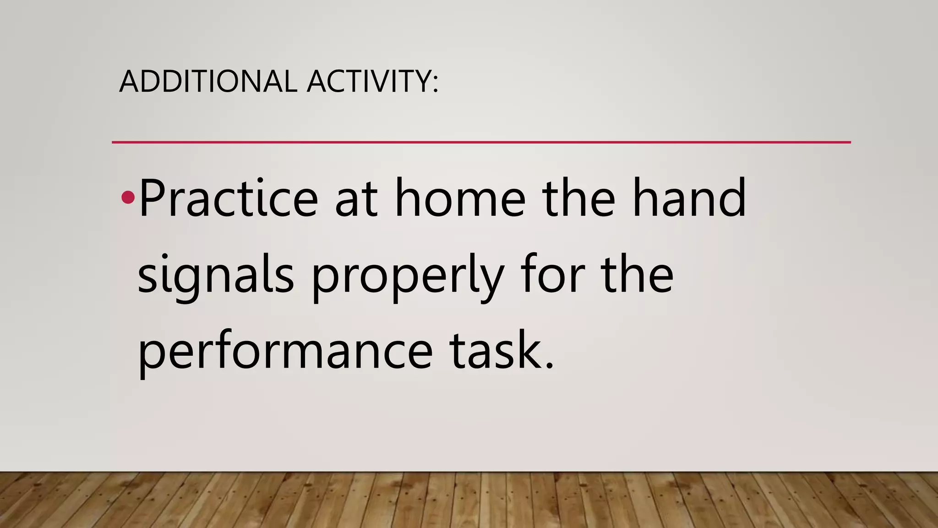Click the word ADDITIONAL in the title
tap(208, 81)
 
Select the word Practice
tap(228, 198)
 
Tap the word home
tap(460, 198)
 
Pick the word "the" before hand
tap(579, 198)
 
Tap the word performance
tap(285, 352)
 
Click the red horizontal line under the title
tap(481, 142)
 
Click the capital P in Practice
tap(153, 198)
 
